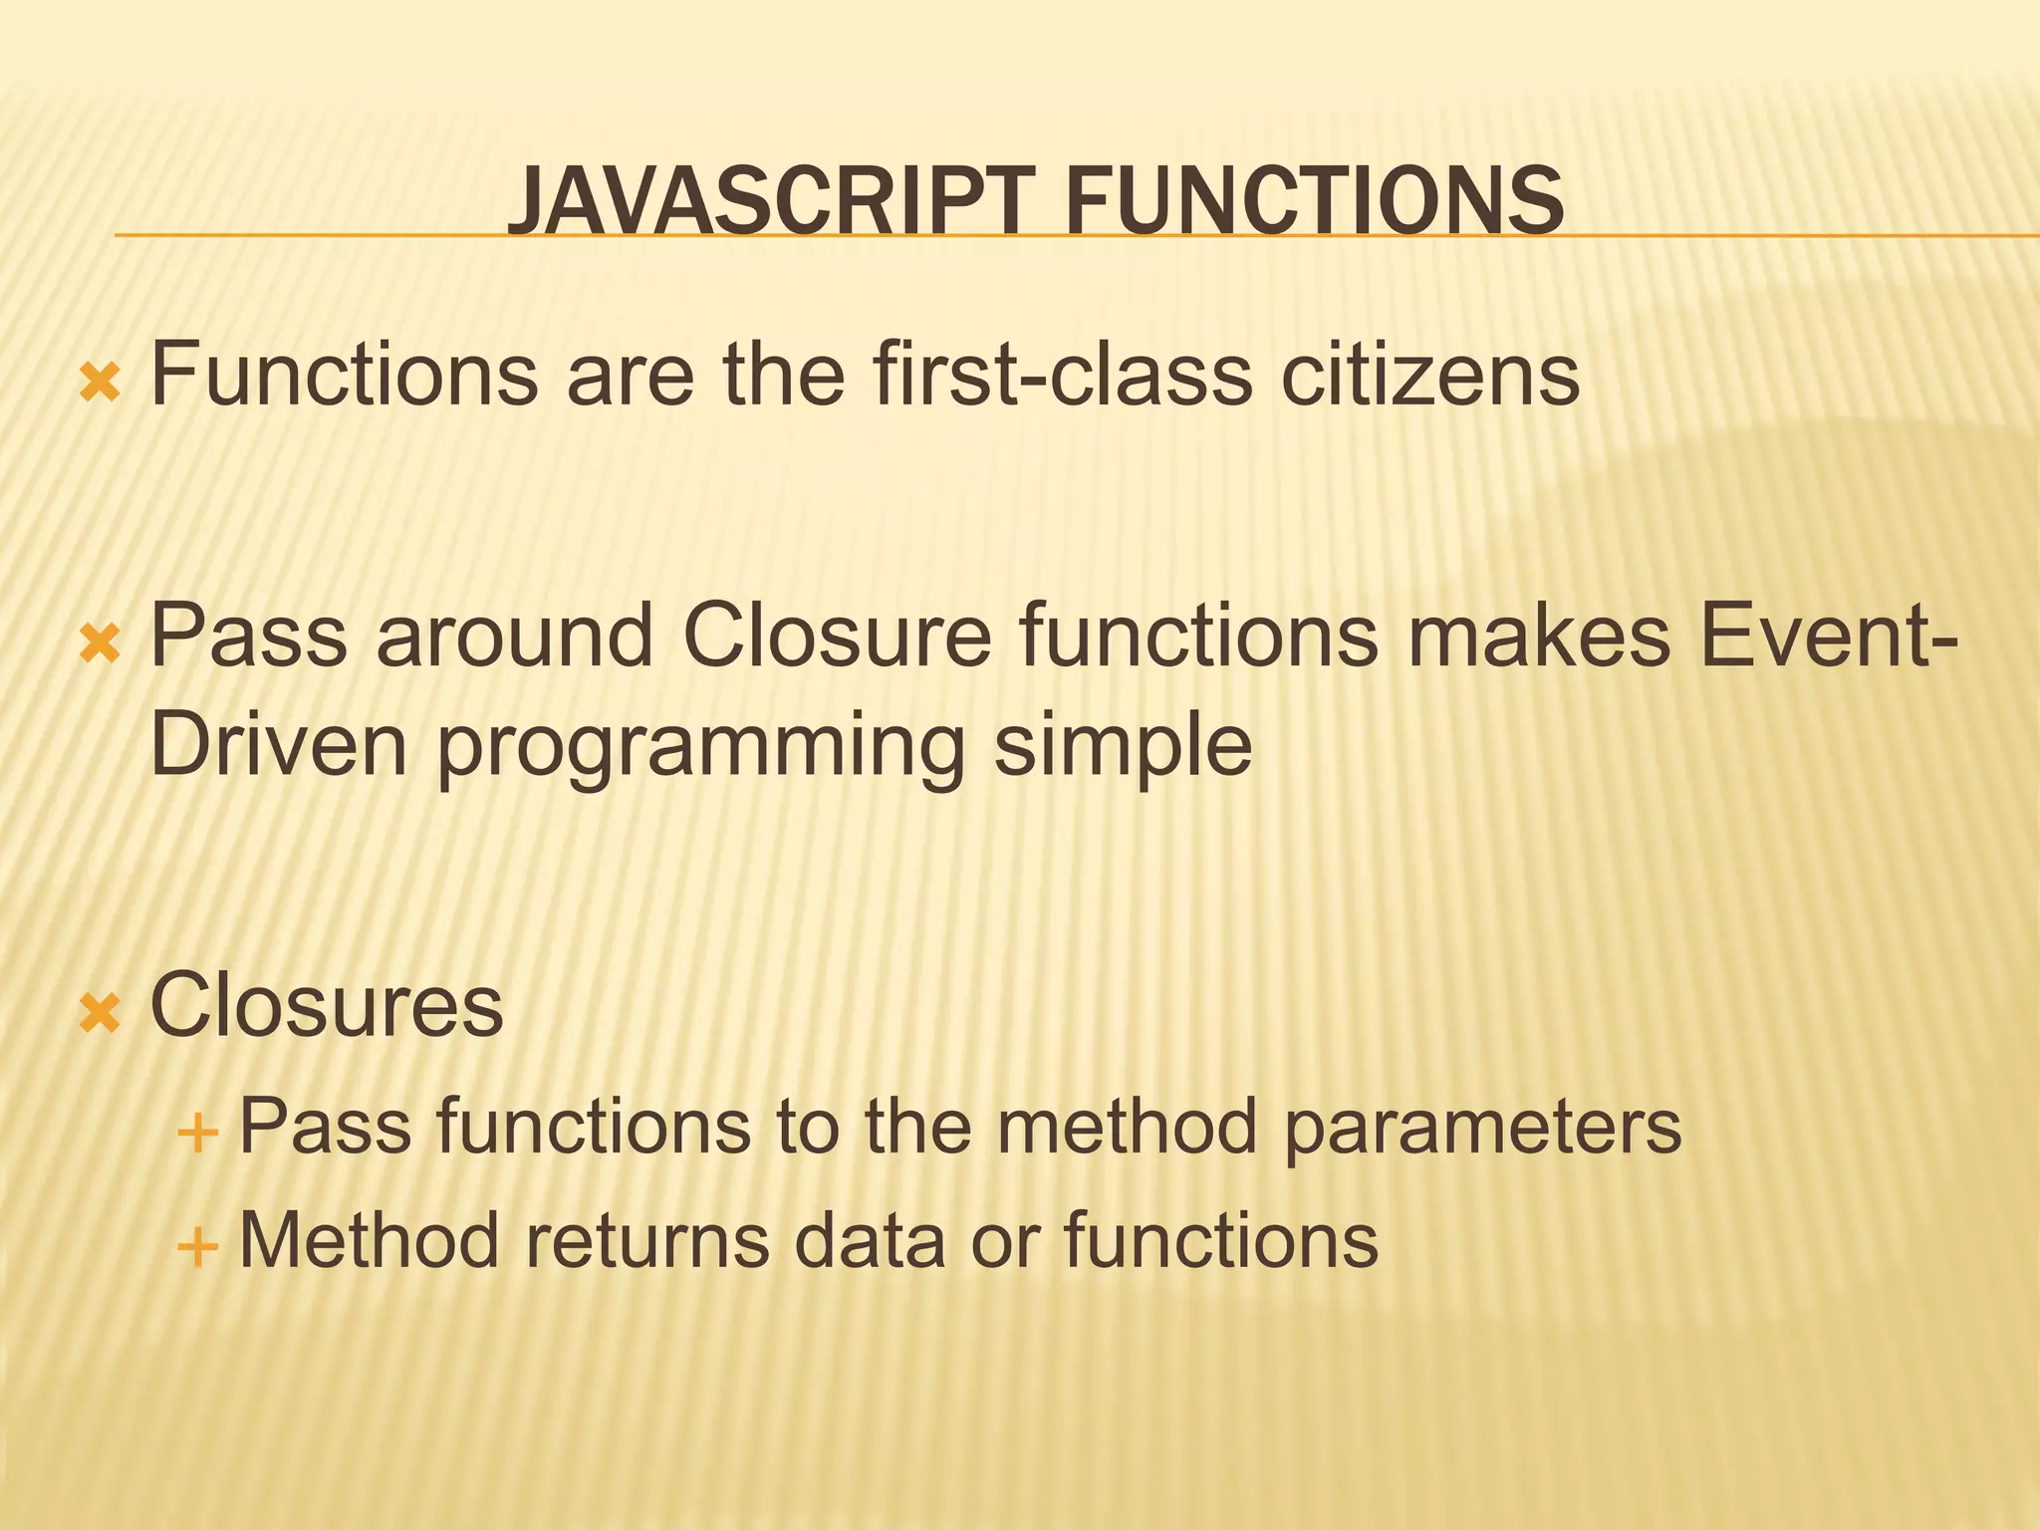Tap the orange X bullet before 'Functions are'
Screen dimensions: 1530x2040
[x=100, y=383]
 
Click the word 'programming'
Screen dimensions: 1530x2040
[x=700, y=749]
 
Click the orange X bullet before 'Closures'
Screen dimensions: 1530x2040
[x=100, y=1015]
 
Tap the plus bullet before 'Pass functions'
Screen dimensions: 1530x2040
[x=196, y=1133]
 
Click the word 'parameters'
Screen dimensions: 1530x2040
[x=1481, y=1128]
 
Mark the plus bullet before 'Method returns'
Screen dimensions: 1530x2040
[x=196, y=1245]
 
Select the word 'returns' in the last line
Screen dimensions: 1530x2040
[x=647, y=1240]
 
